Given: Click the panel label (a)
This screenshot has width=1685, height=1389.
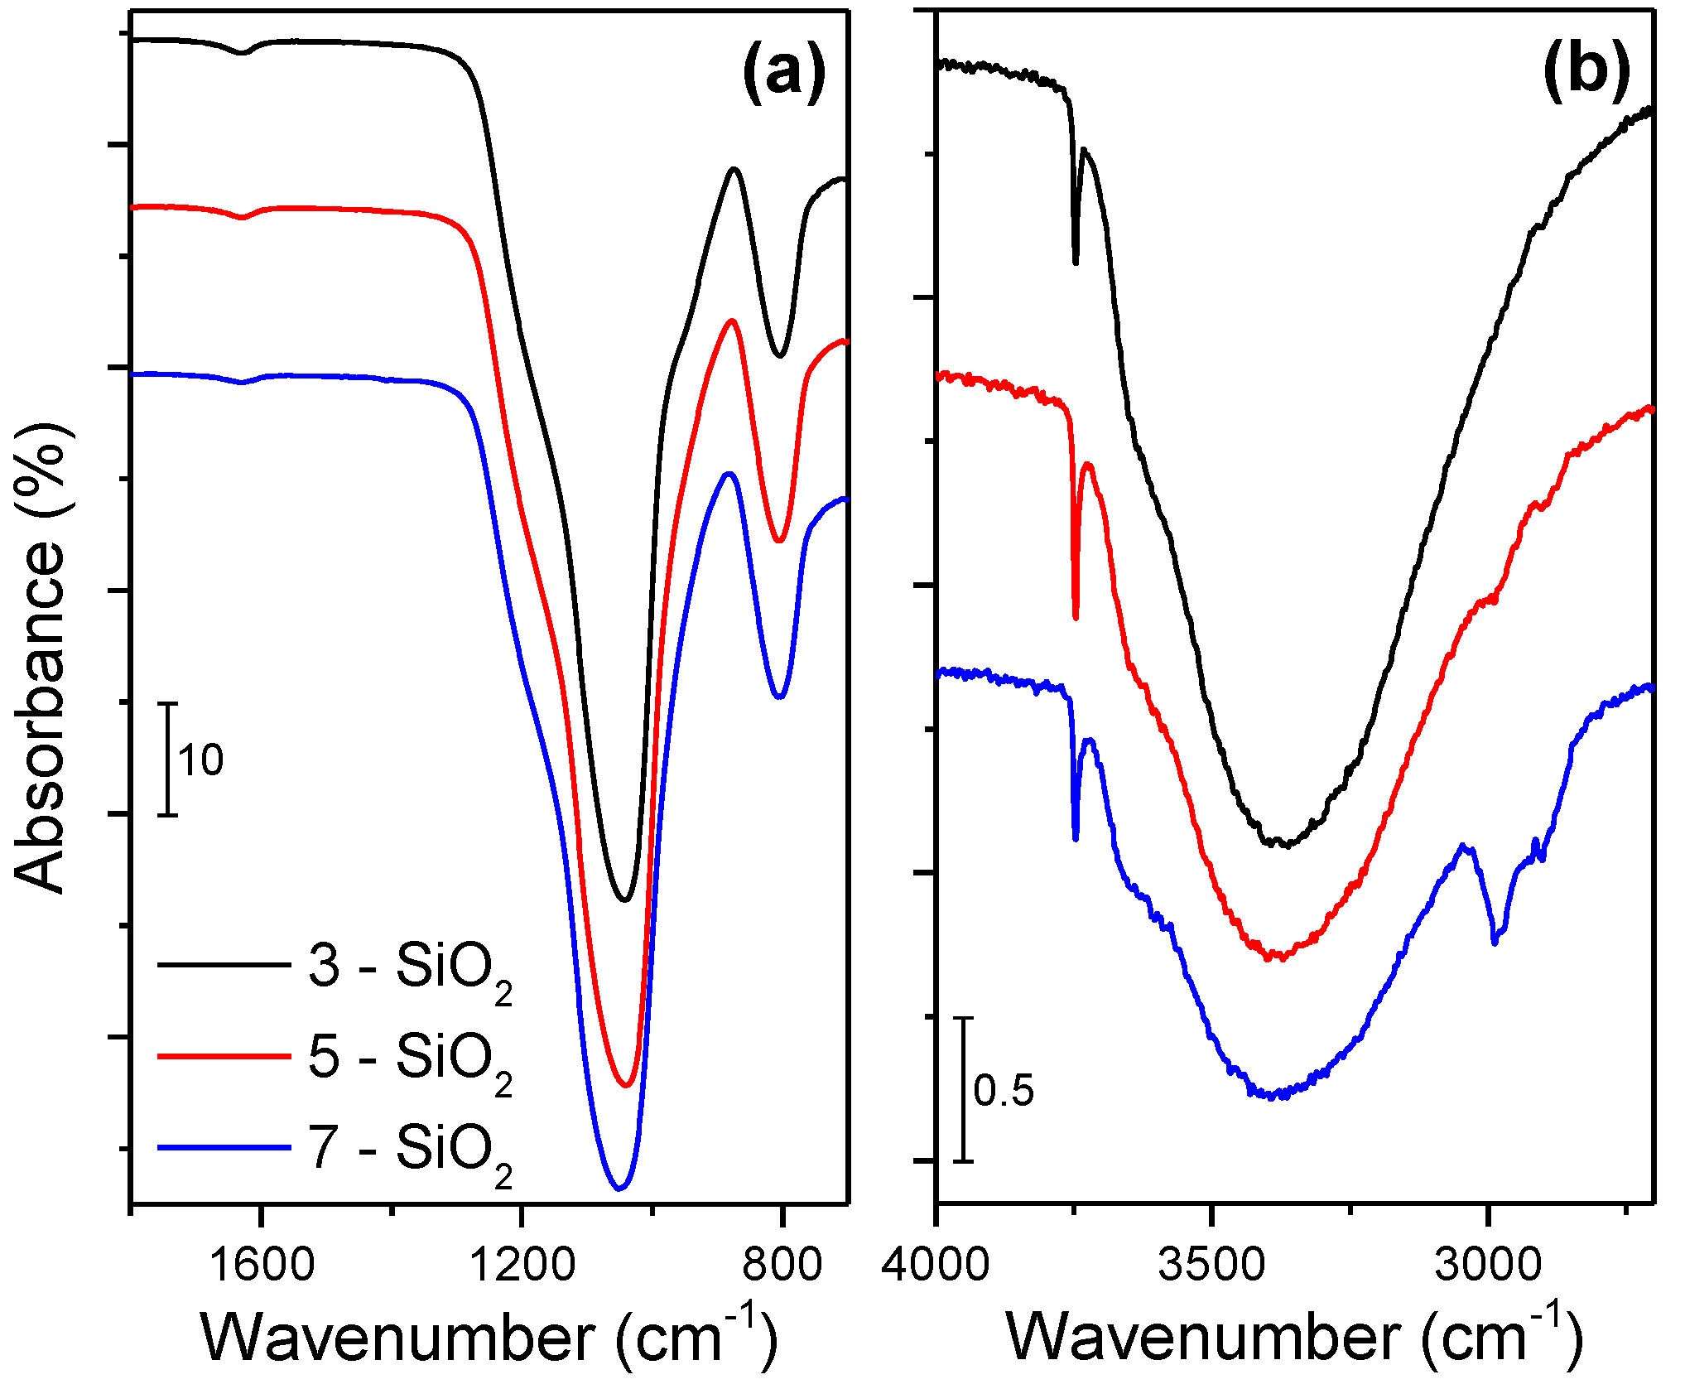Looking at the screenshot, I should (x=783, y=73).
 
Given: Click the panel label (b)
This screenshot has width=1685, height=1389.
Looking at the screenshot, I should (x=1586, y=71).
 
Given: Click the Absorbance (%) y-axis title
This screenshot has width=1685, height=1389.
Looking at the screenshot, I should (x=41, y=658).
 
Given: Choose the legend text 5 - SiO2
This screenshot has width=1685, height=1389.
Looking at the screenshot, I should (x=410, y=1059).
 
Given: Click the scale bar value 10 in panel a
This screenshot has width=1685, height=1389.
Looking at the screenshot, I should (x=200, y=760).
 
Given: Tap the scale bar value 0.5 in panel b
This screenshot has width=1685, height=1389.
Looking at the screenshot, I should (x=1004, y=1091).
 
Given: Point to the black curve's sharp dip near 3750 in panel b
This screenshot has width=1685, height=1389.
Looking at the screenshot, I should (x=1076, y=262).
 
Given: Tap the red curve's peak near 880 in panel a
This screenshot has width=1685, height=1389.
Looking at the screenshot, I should (x=731, y=321).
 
